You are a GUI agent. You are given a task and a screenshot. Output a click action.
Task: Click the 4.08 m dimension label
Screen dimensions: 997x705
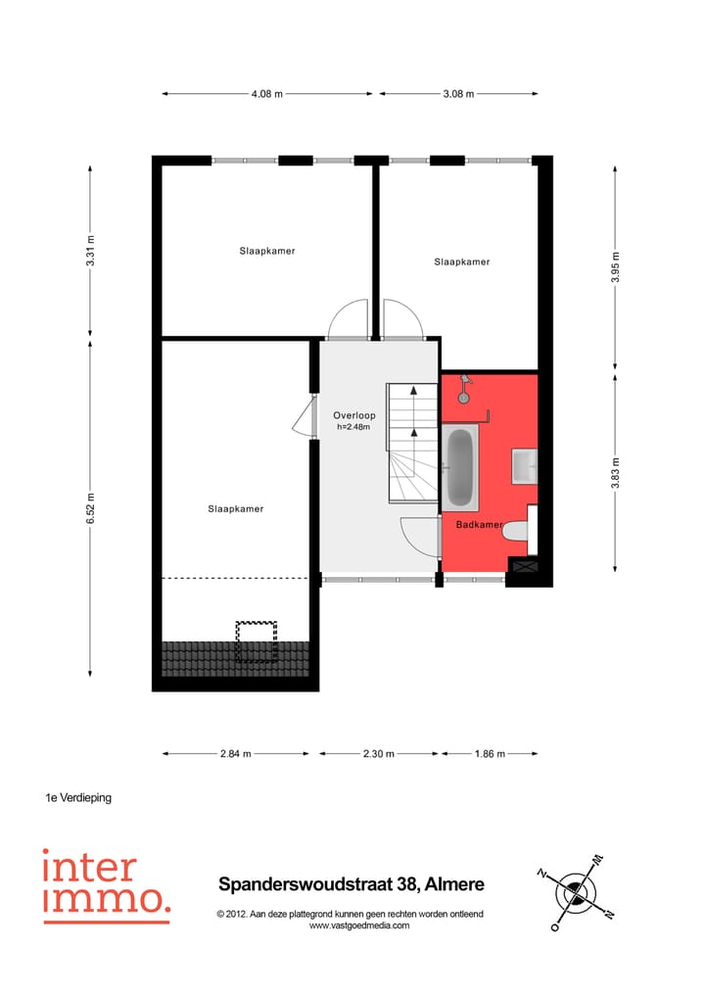[x=267, y=94]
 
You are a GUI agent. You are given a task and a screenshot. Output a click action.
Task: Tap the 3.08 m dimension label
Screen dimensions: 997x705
[x=458, y=94]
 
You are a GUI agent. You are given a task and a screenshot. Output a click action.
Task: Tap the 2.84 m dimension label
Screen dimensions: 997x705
[x=236, y=754]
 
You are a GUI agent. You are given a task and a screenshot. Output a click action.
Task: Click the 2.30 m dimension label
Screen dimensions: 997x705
[x=379, y=754]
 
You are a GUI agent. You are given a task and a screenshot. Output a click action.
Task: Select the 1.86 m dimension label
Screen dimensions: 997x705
[x=490, y=754]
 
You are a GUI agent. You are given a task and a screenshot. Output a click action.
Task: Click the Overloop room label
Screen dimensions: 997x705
[x=353, y=415]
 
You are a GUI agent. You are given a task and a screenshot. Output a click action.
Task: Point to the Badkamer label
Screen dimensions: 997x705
[x=480, y=525]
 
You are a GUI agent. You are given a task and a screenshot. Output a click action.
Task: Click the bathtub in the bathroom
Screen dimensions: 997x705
[x=460, y=467]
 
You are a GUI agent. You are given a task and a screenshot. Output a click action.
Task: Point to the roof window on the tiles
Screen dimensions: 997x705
[x=257, y=641]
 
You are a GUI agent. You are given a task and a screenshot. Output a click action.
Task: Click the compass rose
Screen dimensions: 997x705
[x=576, y=892]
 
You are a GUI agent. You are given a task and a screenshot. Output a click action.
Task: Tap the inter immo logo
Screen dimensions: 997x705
[x=106, y=885]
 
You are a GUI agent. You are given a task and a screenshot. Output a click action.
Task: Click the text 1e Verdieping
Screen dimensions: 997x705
[x=78, y=798]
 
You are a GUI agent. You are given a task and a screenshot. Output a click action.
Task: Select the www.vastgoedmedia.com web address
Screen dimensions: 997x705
[x=359, y=926]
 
